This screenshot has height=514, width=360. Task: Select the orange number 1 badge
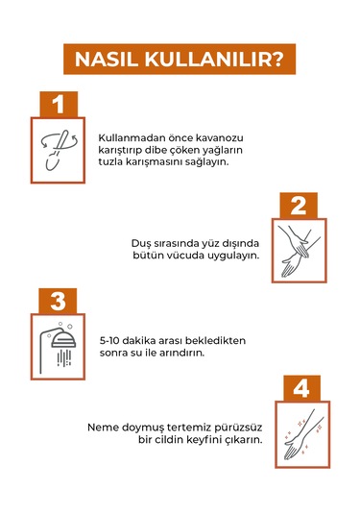(x=59, y=105)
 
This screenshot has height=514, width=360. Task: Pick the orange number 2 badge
(x=299, y=206)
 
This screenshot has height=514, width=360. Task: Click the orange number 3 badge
(x=58, y=301)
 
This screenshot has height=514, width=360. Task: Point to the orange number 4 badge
(x=301, y=388)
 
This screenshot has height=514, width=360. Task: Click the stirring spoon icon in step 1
(x=59, y=150)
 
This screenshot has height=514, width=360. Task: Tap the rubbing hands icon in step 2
(x=300, y=251)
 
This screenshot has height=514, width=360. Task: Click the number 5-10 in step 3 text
(x=110, y=341)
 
